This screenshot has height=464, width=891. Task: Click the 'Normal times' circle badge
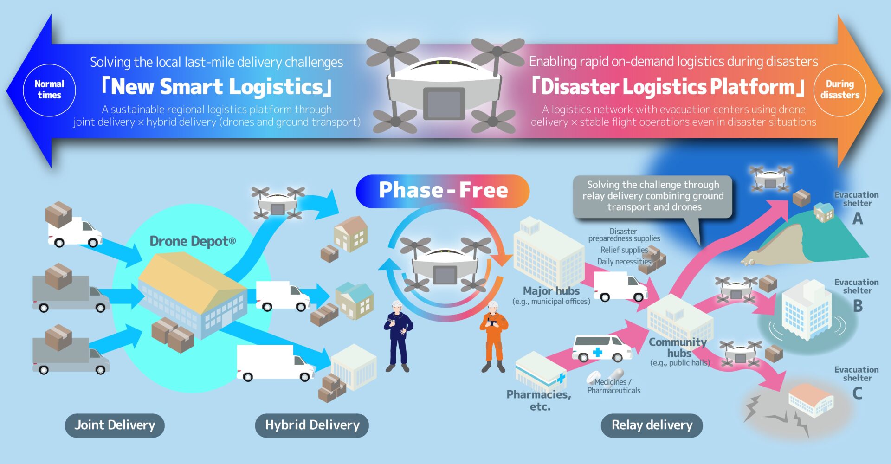[49, 90]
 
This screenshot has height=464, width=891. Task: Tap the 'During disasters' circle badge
[839, 90]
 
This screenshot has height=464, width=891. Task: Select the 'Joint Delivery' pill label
[115, 425]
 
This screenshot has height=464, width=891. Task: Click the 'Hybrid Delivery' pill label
[312, 425]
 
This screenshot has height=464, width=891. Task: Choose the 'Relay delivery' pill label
[652, 425]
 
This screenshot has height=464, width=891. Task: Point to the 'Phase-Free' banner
[443, 191]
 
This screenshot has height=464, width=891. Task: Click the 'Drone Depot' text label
[193, 241]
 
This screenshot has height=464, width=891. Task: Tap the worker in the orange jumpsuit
[494, 336]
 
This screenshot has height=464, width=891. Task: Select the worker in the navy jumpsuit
[398, 336]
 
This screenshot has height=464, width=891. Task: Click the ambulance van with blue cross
[601, 348]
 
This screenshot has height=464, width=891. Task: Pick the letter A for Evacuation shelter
[858, 218]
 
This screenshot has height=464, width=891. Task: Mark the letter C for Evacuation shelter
[858, 393]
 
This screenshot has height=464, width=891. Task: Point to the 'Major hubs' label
[551, 291]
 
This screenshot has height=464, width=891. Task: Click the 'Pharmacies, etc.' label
[539, 400]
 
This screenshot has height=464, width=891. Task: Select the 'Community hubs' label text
[678, 348]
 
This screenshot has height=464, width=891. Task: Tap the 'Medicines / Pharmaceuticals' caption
[613, 386]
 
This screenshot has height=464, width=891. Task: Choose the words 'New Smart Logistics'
[217, 87]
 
